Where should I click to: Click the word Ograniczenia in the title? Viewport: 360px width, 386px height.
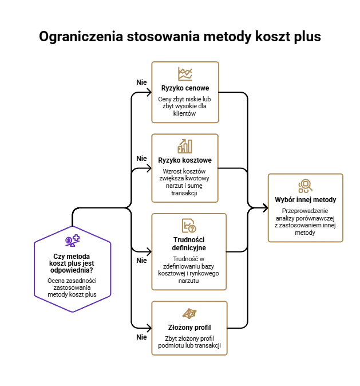point(81,37)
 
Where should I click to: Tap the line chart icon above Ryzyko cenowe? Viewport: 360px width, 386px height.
point(185,74)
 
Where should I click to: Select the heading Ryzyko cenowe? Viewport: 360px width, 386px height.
point(185,88)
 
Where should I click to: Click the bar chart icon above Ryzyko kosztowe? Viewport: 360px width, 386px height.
point(185,146)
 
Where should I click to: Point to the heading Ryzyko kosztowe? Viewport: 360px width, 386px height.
point(185,160)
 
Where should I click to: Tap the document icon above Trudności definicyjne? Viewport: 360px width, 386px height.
point(189,226)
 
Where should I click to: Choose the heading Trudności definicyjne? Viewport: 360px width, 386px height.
point(189,244)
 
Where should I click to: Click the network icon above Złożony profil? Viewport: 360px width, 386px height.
point(189,313)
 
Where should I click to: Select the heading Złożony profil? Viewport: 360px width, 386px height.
point(189,328)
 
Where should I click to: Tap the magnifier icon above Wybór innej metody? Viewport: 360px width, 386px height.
point(306,186)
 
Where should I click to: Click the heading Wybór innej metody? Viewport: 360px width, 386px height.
point(306,200)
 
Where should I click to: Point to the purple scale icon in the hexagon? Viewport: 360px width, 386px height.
point(72,241)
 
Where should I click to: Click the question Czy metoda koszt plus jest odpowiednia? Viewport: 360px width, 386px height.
point(72,263)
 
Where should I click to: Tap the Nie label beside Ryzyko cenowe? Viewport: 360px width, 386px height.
point(141,82)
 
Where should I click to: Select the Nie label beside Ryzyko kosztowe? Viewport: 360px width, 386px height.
point(141,159)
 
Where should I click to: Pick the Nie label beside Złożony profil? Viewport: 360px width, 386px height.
point(141,337)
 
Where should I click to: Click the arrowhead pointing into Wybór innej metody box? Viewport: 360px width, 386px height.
point(266,208)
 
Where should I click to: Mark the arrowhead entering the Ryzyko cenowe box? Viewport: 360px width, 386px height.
point(149,93)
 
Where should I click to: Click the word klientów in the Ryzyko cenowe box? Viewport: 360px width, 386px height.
point(184,113)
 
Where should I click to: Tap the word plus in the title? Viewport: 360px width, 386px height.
point(307,37)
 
